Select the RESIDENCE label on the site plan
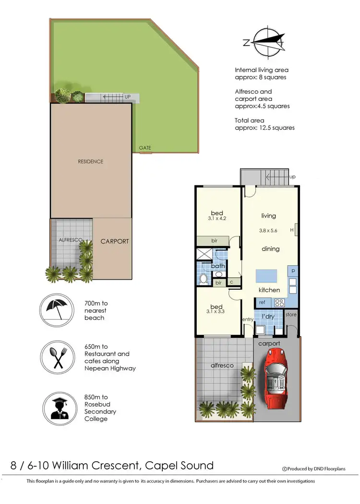[x=90, y=161]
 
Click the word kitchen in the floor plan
[x=269, y=290]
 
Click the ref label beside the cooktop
[x=262, y=303]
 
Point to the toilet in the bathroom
[x=204, y=278]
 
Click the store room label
[x=291, y=315]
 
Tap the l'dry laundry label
[x=268, y=317]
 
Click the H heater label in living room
[x=292, y=230]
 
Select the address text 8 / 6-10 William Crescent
[x=112, y=465]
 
